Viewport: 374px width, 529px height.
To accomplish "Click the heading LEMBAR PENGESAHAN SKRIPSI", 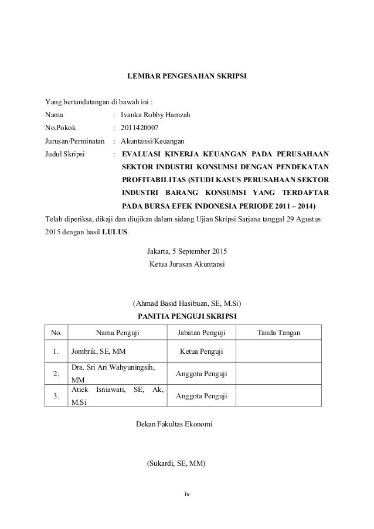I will point(187,76).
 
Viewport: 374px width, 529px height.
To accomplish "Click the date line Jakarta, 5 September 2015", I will point(186,252).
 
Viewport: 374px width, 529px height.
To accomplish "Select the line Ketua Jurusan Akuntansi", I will point(187,265).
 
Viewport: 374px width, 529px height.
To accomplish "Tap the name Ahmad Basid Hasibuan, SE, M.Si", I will point(187,303).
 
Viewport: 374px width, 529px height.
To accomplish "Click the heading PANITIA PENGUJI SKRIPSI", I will point(187,316).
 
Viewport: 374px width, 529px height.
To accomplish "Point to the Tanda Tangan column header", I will point(279,333).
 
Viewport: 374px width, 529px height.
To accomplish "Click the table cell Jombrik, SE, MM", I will point(101,351).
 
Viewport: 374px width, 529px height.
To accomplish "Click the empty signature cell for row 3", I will point(279,397).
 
